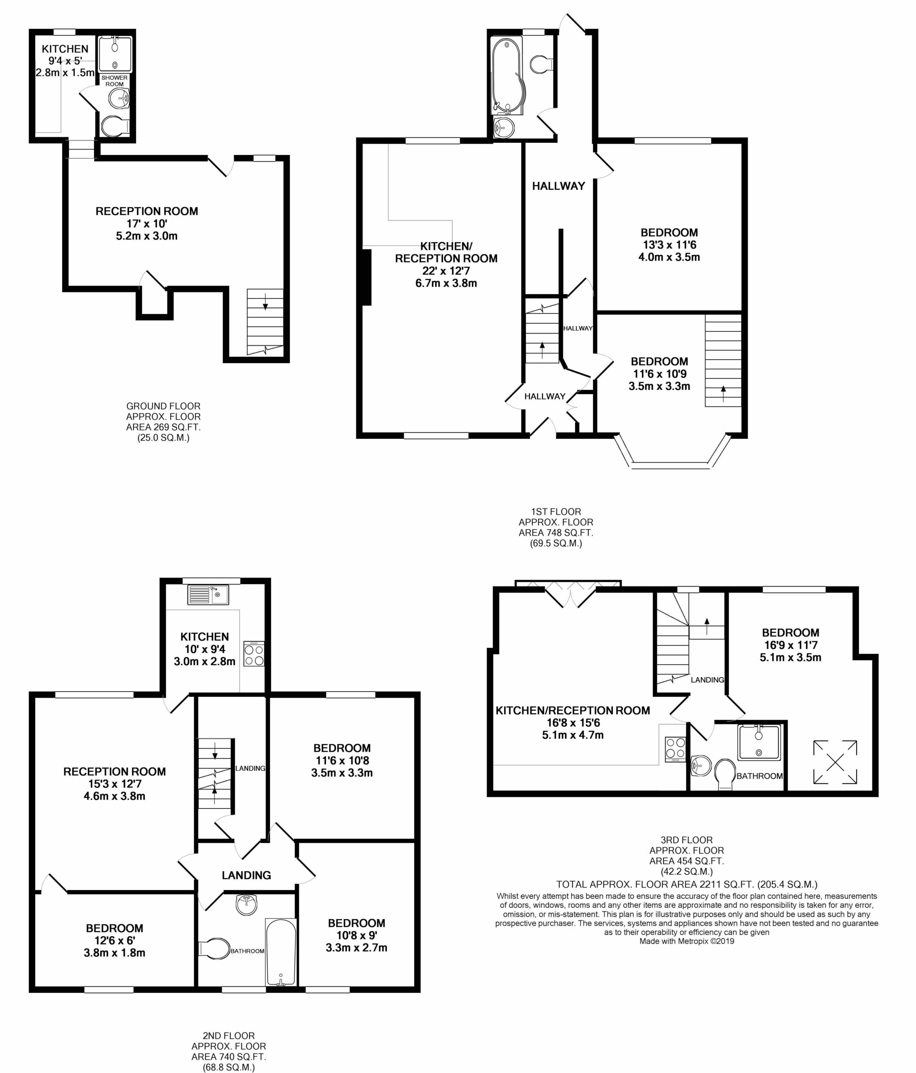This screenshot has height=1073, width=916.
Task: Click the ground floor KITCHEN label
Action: (65, 49)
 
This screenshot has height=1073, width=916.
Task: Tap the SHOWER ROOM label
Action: (114, 81)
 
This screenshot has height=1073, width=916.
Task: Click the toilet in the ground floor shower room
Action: (115, 126)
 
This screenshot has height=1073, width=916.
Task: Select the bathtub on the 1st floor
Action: (508, 75)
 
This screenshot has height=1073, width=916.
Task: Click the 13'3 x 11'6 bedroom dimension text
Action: (669, 245)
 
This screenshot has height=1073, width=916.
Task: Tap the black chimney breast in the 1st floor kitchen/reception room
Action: (367, 277)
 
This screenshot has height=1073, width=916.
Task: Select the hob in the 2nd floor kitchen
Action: (254, 654)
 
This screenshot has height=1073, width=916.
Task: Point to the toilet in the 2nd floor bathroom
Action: (215, 949)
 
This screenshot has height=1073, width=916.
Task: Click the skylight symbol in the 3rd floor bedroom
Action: (835, 762)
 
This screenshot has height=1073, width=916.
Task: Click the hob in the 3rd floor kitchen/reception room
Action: (675, 748)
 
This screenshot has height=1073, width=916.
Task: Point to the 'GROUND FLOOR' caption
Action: (163, 406)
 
